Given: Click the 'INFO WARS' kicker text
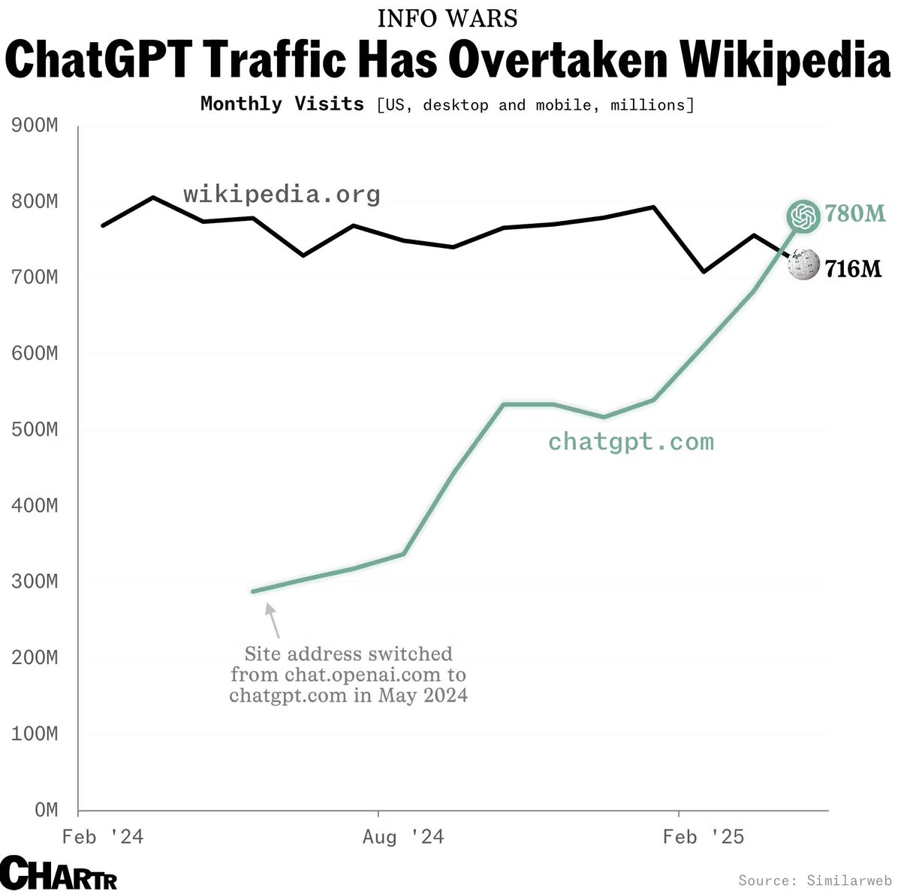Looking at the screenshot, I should click(x=447, y=18).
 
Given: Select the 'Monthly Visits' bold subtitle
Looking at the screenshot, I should click(x=282, y=104).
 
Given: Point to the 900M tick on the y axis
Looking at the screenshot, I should click(x=35, y=125).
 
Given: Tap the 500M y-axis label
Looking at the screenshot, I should click(x=35, y=430).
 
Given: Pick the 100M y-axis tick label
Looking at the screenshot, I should click(x=35, y=733).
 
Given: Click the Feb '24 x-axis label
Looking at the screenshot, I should click(x=103, y=837).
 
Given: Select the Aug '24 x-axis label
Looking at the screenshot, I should click(x=403, y=837).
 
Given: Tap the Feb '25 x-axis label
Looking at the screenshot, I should click(x=704, y=837).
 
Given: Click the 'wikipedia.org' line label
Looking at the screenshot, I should click(x=282, y=195).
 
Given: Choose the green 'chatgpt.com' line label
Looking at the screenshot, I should click(x=631, y=441).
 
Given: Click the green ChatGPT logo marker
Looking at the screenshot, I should click(x=803, y=216).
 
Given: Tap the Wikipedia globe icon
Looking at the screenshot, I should click(x=803, y=265).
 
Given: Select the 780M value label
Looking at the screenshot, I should click(x=855, y=214).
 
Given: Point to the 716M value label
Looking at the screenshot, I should click(x=853, y=268).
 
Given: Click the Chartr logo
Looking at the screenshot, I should click(x=59, y=873).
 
